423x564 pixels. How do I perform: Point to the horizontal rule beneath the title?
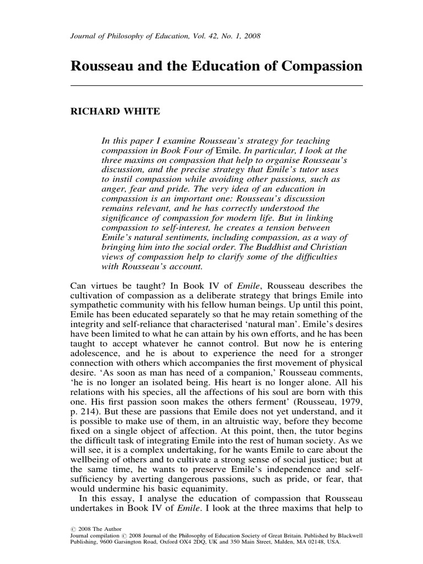217,86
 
